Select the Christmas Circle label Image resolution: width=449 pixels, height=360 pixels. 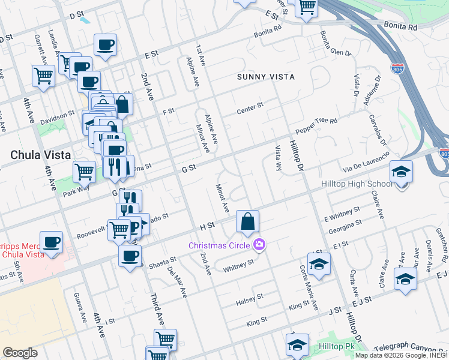220,245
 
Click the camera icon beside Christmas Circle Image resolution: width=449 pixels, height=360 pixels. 259,244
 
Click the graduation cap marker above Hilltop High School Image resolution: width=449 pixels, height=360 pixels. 401,173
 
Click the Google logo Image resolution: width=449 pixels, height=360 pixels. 19,353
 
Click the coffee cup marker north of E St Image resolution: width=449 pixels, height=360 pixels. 105,45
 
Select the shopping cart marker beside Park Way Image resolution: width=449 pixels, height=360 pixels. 84,172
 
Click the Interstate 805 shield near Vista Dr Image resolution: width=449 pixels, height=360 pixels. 397,68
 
